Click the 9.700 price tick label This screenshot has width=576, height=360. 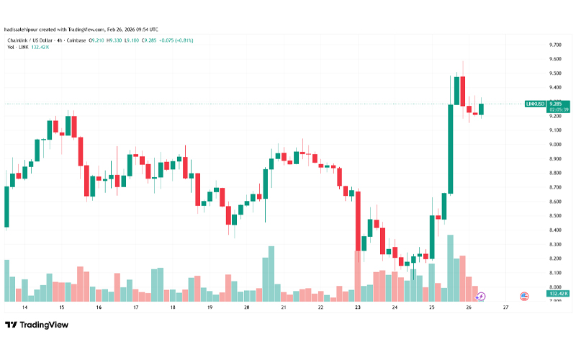point(555,45)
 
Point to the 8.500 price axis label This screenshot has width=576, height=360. point(555,215)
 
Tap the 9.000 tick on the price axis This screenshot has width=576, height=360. point(555,144)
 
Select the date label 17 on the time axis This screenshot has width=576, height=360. point(135,307)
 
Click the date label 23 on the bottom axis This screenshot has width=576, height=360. point(358,307)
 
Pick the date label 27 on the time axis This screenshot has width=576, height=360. point(506,307)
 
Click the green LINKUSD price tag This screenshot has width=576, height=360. point(534,104)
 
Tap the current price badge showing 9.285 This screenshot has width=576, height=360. point(559,104)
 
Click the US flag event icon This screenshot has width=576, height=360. point(524,296)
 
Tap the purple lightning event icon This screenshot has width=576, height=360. point(482,296)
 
